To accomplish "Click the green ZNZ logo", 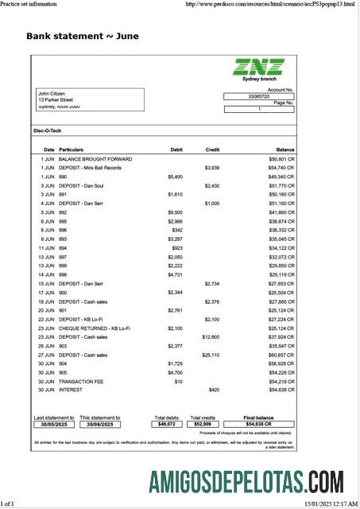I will pos(258,68).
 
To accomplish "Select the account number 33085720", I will pos(259,96).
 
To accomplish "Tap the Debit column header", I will pos(176,150).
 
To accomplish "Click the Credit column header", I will pos(212,150).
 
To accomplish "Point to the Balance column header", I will pos(285,150).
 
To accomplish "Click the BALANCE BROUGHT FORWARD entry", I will pos(95,159).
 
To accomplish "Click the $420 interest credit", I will pos(213,390).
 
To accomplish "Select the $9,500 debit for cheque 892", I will pos(175,212).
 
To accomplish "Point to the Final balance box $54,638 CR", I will pos(259,424).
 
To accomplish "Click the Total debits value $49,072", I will pos(166,424).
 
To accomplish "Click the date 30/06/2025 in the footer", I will pos(99,424).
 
